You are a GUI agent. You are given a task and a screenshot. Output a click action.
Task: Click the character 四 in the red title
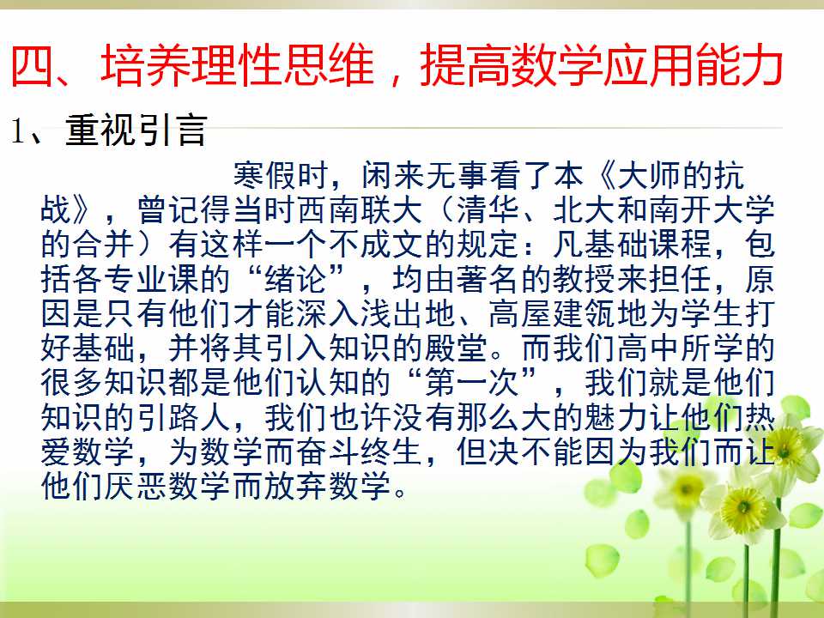click(x=32, y=66)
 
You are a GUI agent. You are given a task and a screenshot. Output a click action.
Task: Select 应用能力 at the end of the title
click(x=694, y=66)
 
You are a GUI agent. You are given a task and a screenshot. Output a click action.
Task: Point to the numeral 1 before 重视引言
click(x=17, y=130)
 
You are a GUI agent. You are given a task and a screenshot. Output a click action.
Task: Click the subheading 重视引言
click(x=136, y=130)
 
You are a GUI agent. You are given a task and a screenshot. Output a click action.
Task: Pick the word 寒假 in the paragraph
click(x=265, y=175)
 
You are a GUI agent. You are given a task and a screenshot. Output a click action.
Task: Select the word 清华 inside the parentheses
click(x=488, y=209)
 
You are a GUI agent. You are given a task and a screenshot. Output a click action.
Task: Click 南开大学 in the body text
click(x=712, y=209)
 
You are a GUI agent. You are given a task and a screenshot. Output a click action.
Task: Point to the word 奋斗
click(x=329, y=451)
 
